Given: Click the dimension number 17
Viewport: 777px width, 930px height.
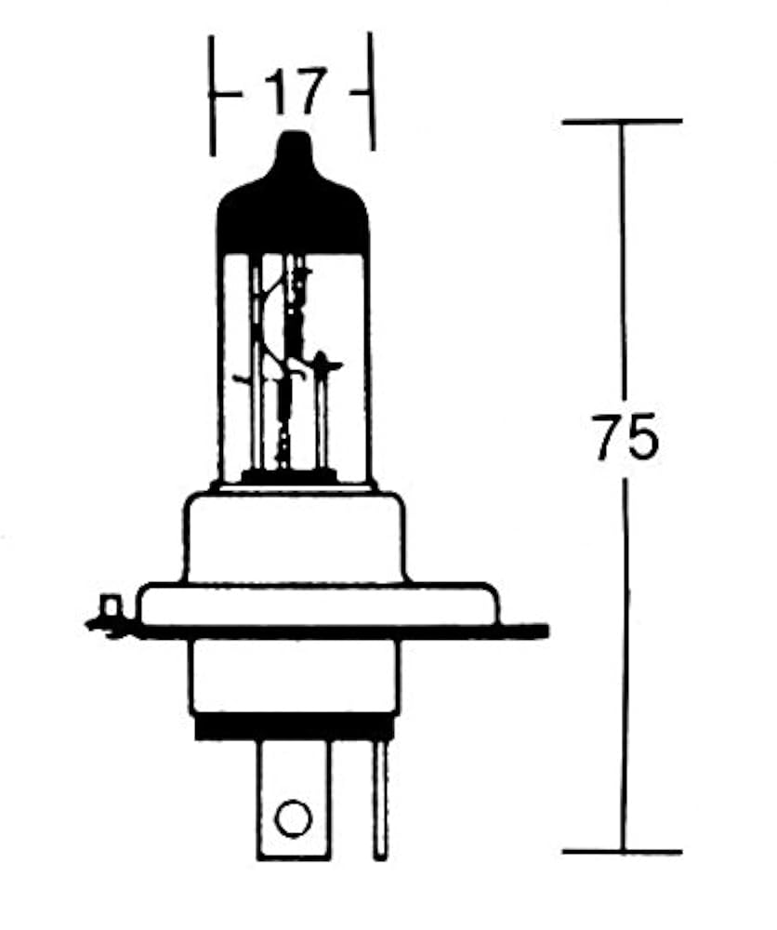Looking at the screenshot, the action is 295,91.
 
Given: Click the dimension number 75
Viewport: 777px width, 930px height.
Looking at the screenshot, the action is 625,436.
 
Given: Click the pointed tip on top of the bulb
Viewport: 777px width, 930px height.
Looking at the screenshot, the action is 294,134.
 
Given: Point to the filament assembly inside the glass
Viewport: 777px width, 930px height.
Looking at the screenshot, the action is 290,362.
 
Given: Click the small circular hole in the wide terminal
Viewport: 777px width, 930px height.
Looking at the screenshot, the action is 293,818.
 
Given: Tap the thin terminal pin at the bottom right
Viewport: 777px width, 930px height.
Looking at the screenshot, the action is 380,799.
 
